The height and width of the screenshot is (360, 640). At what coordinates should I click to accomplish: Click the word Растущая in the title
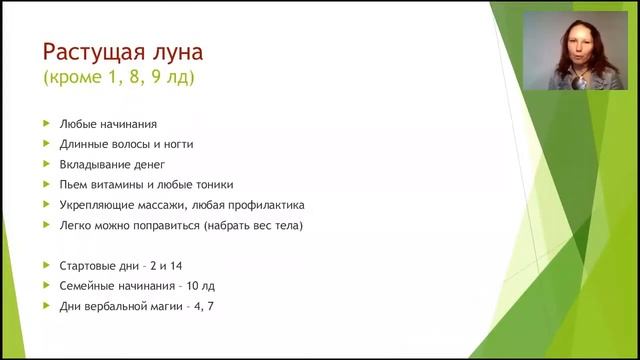click(86, 51)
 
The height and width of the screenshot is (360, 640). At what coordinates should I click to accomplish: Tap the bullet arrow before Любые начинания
click(46, 124)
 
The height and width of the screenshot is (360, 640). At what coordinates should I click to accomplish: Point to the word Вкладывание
click(91, 164)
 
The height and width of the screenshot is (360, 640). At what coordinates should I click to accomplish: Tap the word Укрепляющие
click(92, 204)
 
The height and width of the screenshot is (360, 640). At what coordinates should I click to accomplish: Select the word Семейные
click(84, 285)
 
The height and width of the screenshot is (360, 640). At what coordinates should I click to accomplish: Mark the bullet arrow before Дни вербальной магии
click(46, 306)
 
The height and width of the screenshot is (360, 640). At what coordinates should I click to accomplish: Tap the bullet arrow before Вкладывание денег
click(46, 164)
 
